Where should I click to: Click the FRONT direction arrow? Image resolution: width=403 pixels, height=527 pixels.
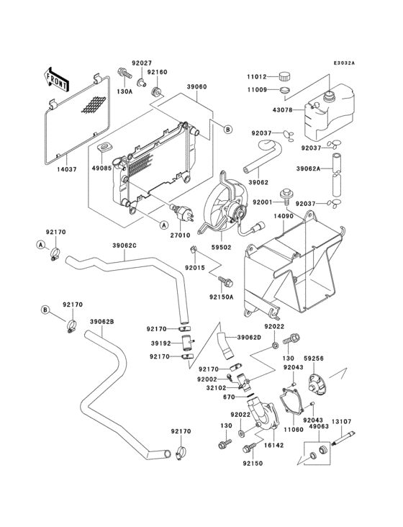click(55, 79)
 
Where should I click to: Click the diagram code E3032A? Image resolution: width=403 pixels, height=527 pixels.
click(344, 63)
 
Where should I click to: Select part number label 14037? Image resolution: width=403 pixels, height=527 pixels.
click(66, 169)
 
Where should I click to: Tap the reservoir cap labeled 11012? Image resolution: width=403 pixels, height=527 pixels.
click(284, 76)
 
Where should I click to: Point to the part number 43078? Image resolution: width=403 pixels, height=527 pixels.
click(282, 110)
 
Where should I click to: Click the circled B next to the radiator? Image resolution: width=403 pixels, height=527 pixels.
click(227, 129)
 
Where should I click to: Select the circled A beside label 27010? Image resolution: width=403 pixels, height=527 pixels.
click(163, 225)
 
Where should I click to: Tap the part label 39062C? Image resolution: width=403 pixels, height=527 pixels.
click(124, 246)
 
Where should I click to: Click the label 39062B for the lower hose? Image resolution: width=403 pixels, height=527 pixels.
click(101, 322)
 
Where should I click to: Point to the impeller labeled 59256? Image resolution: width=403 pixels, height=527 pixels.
click(315, 383)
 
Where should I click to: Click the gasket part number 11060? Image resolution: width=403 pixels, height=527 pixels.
click(293, 430)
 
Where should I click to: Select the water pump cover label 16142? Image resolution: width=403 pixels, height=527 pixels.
click(273, 446)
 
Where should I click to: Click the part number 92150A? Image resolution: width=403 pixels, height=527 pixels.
click(221, 297)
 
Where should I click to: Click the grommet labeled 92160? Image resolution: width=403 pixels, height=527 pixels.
click(156, 91)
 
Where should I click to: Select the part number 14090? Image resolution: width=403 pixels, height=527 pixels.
click(282, 216)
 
